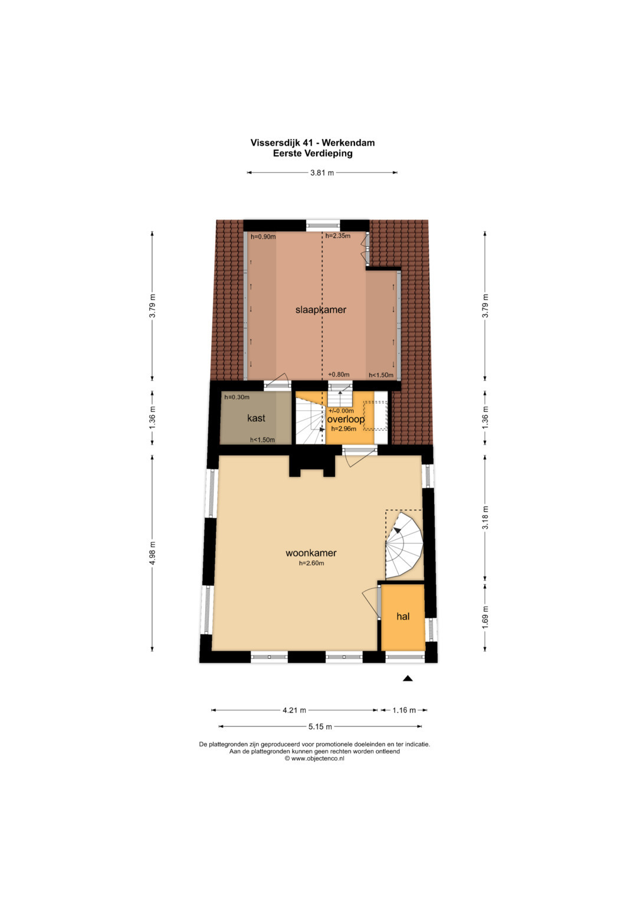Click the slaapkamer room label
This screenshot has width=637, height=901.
coord(320,310)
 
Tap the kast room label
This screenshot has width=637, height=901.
coord(256,418)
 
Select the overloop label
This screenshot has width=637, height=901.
coord(346,419)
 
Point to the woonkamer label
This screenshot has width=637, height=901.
coord(311,553)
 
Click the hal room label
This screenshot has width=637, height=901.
coord(403,616)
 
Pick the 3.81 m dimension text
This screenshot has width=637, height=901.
coord(322,173)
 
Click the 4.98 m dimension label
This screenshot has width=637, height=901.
coord(152,553)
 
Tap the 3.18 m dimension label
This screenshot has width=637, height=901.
coord(485,518)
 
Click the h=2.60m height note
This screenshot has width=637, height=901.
coord(311,563)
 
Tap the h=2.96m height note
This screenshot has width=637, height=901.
coord(343,429)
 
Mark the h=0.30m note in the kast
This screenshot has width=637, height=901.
coord(237,397)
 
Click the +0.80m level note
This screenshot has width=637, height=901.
coord(339,375)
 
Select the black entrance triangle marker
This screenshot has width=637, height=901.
coord(408,679)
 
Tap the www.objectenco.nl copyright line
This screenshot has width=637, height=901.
coord(314,759)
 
